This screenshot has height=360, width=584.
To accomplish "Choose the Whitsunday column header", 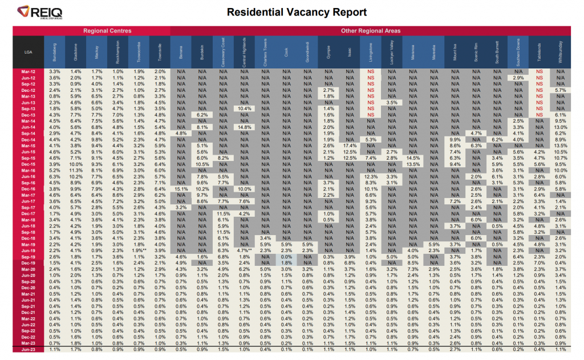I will click(560, 51).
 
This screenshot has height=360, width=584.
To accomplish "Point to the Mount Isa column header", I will click(455, 51).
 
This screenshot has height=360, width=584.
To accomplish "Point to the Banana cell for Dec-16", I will click(182, 188).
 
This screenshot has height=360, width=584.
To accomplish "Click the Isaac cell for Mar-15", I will click(350, 145).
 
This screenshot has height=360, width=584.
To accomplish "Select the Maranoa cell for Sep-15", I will click(413, 157).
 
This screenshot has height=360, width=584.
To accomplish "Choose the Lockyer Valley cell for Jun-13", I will click(392, 102).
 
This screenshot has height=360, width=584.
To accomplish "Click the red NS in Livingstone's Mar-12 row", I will click(371, 71).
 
